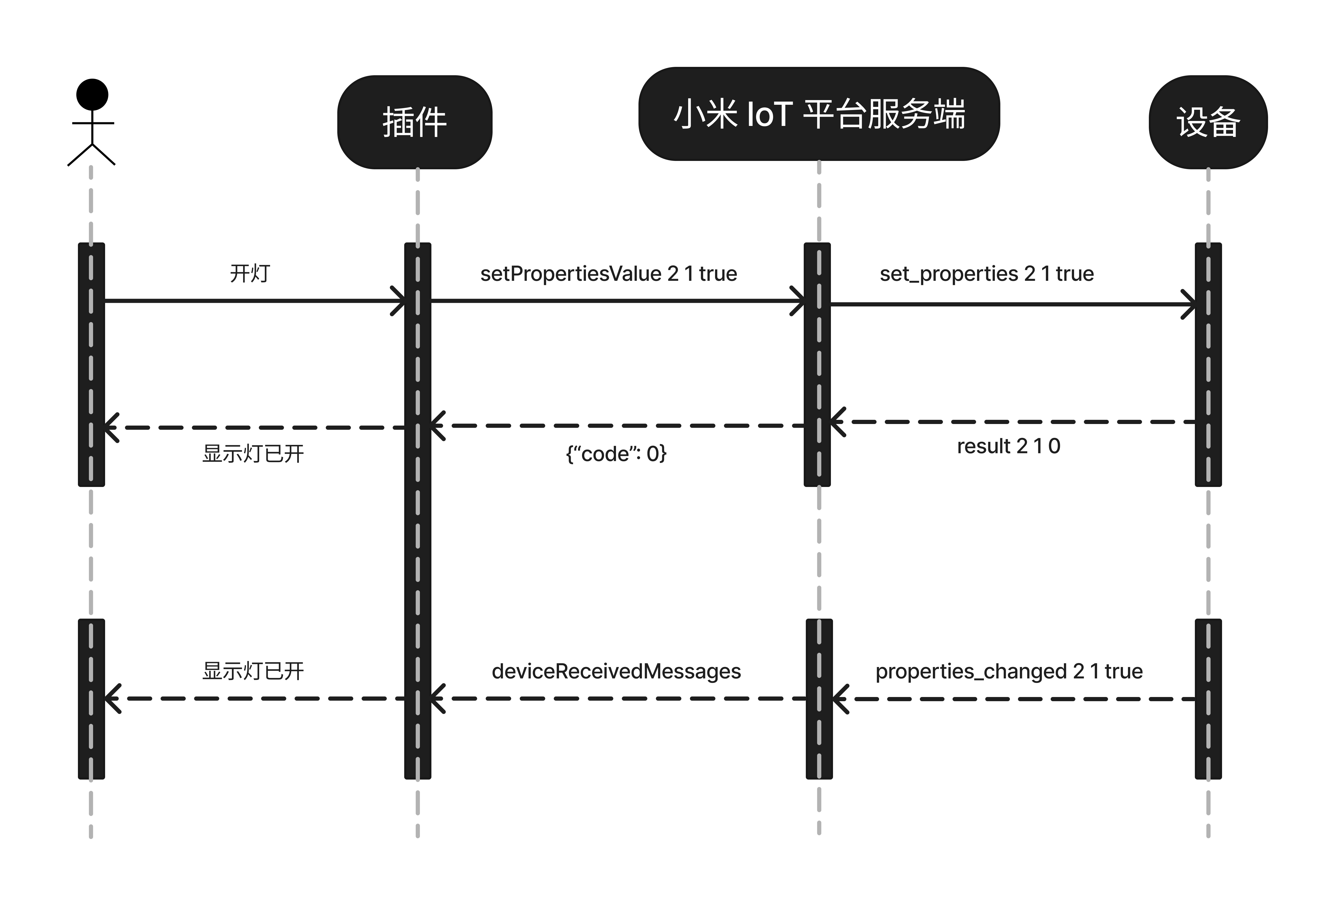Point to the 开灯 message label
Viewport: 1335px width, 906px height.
pyautogui.click(x=250, y=273)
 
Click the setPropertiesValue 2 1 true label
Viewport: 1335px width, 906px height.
pyautogui.click(x=608, y=274)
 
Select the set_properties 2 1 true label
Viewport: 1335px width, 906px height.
pyautogui.click(x=986, y=274)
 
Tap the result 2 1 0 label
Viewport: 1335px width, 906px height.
pyautogui.click(x=1008, y=446)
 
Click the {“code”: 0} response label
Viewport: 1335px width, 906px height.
pyautogui.click(x=616, y=454)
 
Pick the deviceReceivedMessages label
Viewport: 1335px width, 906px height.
pyautogui.click(x=616, y=671)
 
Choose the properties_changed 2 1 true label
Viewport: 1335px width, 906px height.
pyautogui.click(x=1009, y=671)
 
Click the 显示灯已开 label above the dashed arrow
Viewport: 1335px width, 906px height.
pyautogui.click(x=253, y=671)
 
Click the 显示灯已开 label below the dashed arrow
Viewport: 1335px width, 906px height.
pyautogui.click(x=253, y=454)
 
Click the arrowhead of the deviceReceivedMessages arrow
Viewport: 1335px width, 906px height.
pyautogui.click(x=437, y=699)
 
